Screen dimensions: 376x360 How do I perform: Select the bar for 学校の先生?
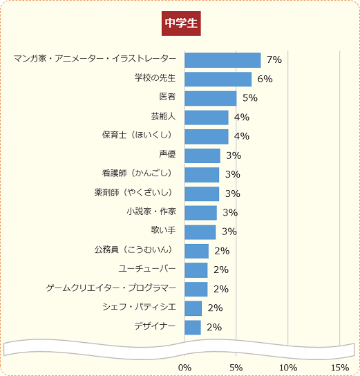(218, 79)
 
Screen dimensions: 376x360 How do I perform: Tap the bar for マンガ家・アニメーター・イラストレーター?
(222, 60)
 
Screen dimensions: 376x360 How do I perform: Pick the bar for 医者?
(211, 98)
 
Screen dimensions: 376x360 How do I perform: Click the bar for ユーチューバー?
(196, 270)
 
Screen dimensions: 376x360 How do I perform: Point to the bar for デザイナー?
(193, 327)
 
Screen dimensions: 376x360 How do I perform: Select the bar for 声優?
(202, 156)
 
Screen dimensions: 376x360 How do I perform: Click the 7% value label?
(274, 60)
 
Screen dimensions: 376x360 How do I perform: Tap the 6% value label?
(265, 79)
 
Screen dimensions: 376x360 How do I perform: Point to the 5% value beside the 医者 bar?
(249, 98)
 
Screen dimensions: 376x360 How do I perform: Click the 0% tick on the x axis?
(184, 366)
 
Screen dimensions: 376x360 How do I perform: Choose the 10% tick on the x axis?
(288, 366)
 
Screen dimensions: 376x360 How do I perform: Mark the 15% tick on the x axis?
(340, 366)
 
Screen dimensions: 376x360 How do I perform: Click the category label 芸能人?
(163, 116)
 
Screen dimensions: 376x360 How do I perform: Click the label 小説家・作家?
(151, 211)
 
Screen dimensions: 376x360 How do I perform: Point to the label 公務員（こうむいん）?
(135, 249)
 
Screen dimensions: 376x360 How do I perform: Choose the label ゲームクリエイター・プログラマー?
(111, 287)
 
